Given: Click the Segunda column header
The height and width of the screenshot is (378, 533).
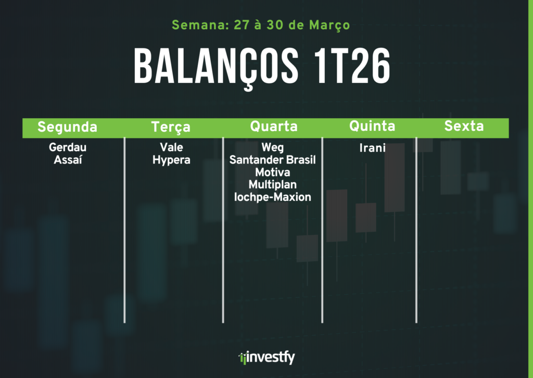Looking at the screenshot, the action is pos(67,127).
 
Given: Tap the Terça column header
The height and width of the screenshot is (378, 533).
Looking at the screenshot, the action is pos(171,127).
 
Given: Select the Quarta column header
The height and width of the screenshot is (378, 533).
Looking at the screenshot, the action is pos(274,126).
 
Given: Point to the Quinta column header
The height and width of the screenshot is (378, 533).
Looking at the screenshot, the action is pos(372,126).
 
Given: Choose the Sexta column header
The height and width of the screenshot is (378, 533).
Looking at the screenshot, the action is pos(464,126).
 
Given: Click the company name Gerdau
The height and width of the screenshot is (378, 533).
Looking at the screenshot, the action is pos(68,147).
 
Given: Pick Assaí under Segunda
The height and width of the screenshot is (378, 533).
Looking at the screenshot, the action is pos(68,159).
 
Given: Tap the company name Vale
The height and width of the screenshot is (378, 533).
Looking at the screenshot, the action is pos(171,147).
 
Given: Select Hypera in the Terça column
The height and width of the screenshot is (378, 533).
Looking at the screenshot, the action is pos(171,160).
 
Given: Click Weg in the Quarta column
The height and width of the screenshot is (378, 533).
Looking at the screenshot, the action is pos(273,147).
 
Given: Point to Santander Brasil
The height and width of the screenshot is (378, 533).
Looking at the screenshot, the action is pos(273,160).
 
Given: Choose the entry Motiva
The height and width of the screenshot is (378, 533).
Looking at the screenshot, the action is pos(273,172).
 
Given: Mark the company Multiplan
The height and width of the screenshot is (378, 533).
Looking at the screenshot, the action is pos(273,185).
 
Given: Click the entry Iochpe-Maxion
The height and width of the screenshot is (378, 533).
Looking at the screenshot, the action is pos(273,197).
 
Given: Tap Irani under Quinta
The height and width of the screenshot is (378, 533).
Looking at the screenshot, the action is pos(373,148).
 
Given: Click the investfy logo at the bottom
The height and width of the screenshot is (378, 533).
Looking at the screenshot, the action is pos(267,357).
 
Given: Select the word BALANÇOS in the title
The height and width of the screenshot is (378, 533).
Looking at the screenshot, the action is pos(217,66).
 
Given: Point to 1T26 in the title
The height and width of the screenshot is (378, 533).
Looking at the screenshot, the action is pos(352,65).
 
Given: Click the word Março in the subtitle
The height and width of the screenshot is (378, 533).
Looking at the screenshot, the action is pos(329,25).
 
